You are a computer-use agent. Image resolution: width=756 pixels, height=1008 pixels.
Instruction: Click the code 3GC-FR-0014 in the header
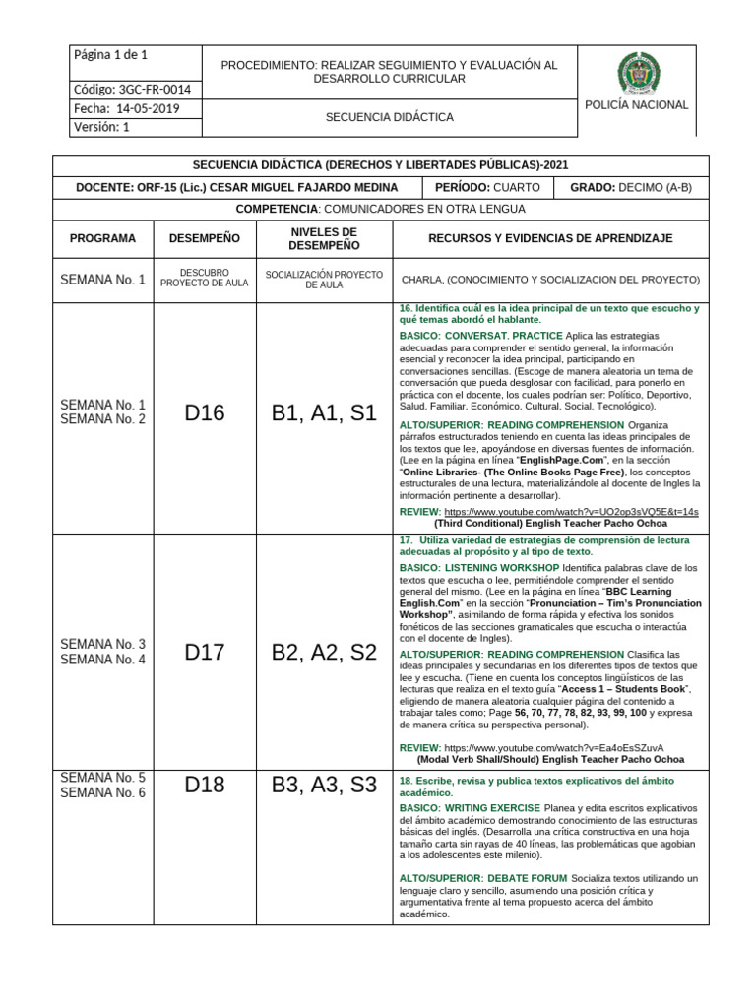pyautogui.click(x=131, y=90)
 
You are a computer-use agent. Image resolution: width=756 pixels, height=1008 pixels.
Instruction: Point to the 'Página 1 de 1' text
pyautogui.click(x=110, y=55)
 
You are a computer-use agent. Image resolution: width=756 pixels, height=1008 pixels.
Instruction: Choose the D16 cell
pyautogui.click(x=205, y=413)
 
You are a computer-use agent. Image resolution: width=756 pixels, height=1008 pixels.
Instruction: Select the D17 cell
pyautogui.click(x=205, y=652)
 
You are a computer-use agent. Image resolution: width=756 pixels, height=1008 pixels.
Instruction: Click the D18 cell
pyautogui.click(x=205, y=785)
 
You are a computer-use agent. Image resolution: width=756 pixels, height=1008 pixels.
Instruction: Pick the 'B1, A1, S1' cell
pyautogui.click(x=324, y=413)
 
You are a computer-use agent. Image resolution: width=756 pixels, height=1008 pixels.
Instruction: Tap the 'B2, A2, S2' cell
pyautogui.click(x=324, y=652)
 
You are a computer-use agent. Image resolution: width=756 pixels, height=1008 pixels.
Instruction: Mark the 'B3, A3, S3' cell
pyautogui.click(x=324, y=785)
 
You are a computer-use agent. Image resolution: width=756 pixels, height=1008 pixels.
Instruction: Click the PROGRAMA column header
pyautogui.click(x=102, y=238)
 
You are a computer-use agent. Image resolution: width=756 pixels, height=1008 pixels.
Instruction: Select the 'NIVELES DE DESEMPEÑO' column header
pyautogui.click(x=324, y=238)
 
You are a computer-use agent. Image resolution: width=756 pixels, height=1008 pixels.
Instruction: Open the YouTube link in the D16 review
pyautogui.click(x=571, y=512)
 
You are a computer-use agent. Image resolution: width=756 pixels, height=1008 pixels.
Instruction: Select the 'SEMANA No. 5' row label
pyautogui.click(x=102, y=777)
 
